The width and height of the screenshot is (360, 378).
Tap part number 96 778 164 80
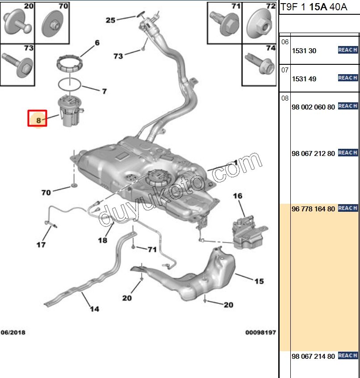tap(313, 209)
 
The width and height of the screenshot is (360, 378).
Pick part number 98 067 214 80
tap(313, 356)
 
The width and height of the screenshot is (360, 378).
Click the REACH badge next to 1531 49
tap(347, 78)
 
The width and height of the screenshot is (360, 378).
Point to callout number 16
tap(237, 196)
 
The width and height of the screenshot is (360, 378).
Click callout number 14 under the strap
tap(94, 308)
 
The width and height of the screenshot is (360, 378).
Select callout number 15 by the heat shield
tap(259, 281)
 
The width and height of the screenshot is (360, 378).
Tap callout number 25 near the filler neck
tap(110, 20)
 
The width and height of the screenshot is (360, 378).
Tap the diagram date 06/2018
tap(13, 332)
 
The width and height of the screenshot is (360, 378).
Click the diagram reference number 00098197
tap(260, 332)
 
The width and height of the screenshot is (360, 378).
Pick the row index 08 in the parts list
tap(285, 98)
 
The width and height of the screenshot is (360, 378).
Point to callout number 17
tap(41, 244)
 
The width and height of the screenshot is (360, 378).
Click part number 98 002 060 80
tap(313, 107)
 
